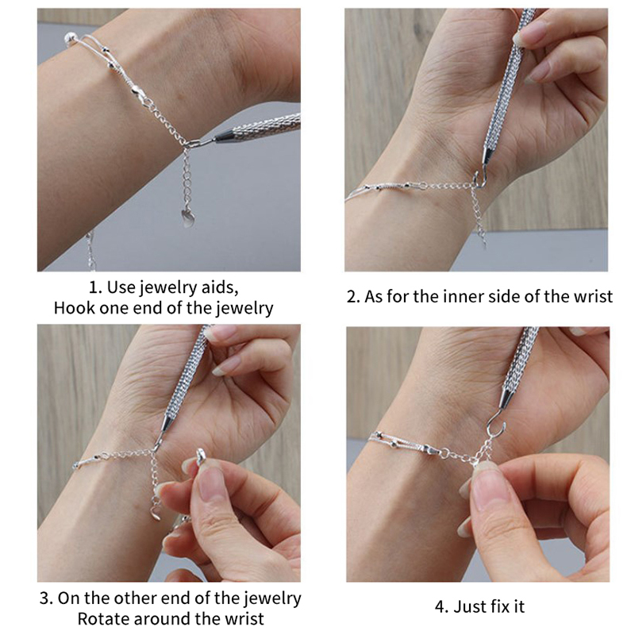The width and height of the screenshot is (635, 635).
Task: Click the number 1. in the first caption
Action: point(94,287)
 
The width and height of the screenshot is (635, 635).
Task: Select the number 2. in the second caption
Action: point(353,297)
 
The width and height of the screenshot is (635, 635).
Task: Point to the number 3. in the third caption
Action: point(46,598)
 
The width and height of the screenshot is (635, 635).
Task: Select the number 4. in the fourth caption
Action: point(442,606)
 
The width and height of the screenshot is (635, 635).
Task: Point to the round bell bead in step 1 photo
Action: point(70,39)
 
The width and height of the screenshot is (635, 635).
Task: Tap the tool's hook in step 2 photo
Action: point(480,181)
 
